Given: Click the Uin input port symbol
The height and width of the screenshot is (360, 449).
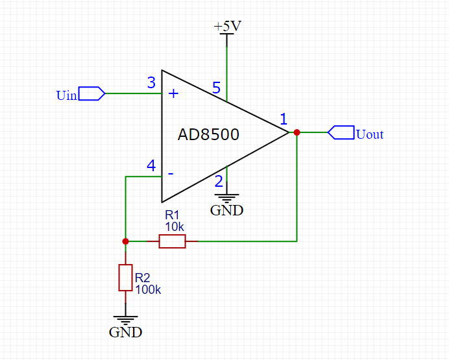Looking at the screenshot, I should pyautogui.click(x=91, y=93).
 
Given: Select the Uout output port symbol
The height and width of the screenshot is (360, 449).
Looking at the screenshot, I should pyautogui.click(x=341, y=132).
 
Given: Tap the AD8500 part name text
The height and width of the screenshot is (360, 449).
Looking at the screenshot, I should pyautogui.click(x=208, y=135).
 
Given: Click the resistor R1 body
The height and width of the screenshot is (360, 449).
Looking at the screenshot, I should pyautogui.click(x=172, y=241).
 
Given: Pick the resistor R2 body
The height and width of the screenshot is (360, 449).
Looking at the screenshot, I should pyautogui.click(x=125, y=277).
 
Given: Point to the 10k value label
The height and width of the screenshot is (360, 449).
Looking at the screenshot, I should pyautogui.click(x=175, y=227).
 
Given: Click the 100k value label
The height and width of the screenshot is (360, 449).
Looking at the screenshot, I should pyautogui.click(x=148, y=290).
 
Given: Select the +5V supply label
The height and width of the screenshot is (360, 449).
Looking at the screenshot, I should pyautogui.click(x=227, y=27).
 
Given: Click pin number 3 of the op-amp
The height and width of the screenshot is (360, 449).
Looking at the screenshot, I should pyautogui.click(x=151, y=83).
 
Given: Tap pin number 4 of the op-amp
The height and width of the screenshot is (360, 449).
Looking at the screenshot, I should pyautogui.click(x=151, y=166).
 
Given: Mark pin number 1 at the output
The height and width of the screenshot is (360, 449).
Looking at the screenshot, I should pyautogui.click(x=283, y=119).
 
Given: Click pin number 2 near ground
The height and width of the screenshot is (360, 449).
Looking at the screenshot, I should pyautogui.click(x=219, y=182).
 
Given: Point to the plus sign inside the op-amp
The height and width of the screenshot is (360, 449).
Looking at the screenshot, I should pyautogui.click(x=173, y=93).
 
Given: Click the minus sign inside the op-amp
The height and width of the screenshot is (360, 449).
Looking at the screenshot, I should pyautogui.click(x=171, y=174).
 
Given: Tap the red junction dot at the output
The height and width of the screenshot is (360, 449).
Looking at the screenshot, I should pyautogui.click(x=297, y=132).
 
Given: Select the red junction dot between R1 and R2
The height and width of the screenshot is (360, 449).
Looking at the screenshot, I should pyautogui.click(x=125, y=241).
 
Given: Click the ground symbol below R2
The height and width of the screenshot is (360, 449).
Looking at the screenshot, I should pyautogui.click(x=125, y=320).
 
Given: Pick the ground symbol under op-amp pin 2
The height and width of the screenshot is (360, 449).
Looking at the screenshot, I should pyautogui.click(x=227, y=197).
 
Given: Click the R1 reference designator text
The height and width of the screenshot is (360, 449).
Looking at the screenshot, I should pyautogui.click(x=171, y=215).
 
